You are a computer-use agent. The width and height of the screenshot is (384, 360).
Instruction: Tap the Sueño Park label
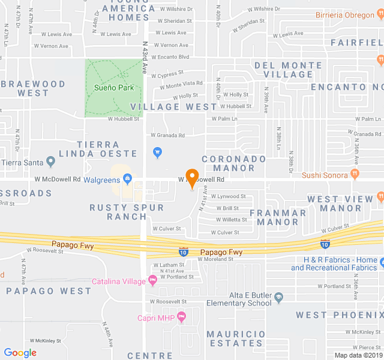pyautogui.click(x=114, y=88)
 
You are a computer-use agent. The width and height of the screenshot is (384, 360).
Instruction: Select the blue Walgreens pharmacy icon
pyautogui.click(x=127, y=179)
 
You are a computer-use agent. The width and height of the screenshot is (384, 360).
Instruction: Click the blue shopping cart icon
pyautogui.click(x=158, y=153)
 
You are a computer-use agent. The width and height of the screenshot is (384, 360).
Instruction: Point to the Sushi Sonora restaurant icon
pyautogui.click(x=355, y=175)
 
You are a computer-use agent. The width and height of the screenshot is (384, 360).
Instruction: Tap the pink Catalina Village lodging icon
pyautogui.click(x=153, y=280)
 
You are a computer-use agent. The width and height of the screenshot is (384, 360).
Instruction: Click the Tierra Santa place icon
pyautogui.click(x=50, y=162)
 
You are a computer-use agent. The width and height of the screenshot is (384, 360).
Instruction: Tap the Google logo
pyautogui.click(x=20, y=353)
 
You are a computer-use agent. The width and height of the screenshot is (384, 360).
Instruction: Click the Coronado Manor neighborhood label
pyautogui.click(x=233, y=163)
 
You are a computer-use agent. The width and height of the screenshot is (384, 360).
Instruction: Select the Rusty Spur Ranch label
pyautogui.click(x=127, y=212)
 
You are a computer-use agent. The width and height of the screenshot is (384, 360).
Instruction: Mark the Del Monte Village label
pyautogui.click(x=284, y=70)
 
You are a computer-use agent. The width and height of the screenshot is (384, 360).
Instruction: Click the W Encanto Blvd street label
pyautogui.click(x=170, y=57)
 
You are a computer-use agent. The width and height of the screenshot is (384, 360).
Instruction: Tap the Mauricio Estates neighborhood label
pyautogui.click(x=236, y=338)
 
